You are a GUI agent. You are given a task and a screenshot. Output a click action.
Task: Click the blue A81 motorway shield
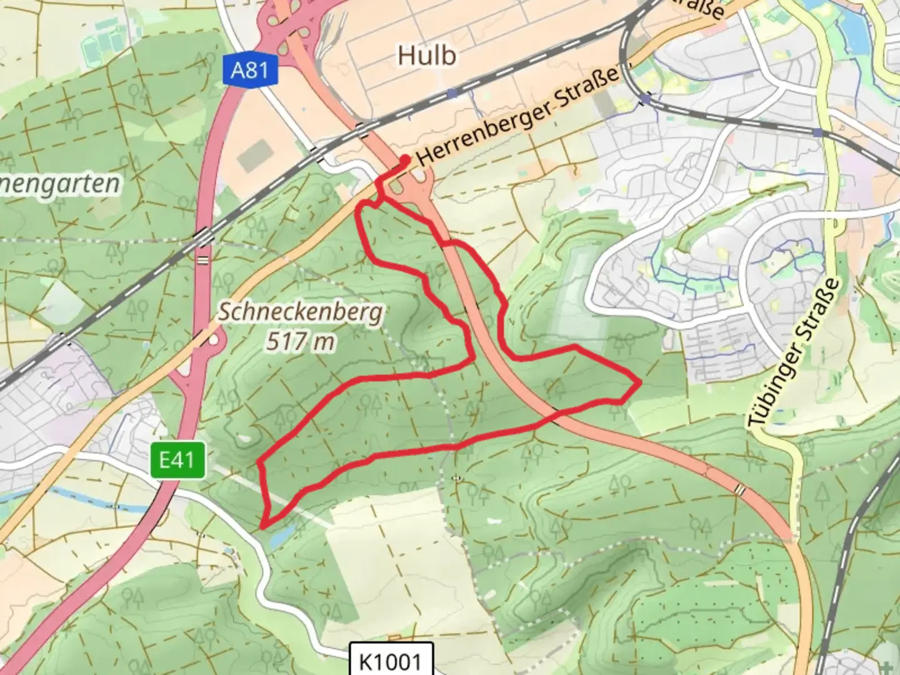coord(250,69)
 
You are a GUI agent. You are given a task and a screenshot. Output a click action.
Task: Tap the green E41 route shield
coord(177,461)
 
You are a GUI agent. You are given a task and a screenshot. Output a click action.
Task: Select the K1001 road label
coord(391,660)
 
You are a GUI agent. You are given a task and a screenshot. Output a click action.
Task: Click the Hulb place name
coord(427,56)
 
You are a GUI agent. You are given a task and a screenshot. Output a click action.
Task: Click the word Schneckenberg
coord(300,312)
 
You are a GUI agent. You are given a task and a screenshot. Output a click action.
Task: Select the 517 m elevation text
coord(300,341)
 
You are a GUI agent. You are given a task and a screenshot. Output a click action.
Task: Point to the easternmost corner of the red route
coord(639,381)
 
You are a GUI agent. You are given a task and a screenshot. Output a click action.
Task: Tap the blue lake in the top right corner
coord(844,19)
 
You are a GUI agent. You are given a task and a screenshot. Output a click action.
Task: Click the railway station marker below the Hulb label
coord(452,92)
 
